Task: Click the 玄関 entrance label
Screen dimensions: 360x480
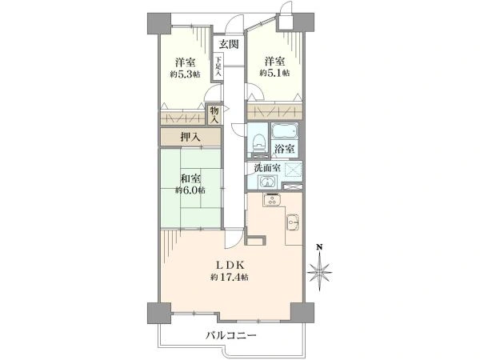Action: [229, 44]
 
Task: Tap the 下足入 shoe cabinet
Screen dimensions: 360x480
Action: [218, 66]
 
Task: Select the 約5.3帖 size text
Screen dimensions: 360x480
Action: [186, 74]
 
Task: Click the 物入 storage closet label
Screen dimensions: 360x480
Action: [214, 114]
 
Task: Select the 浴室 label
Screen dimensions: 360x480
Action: [285, 149]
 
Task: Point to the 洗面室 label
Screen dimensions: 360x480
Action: [266, 168]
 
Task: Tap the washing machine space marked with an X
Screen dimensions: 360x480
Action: [292, 170]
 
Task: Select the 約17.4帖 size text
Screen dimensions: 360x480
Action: [230, 278]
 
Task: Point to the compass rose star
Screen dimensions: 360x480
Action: [320, 274]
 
